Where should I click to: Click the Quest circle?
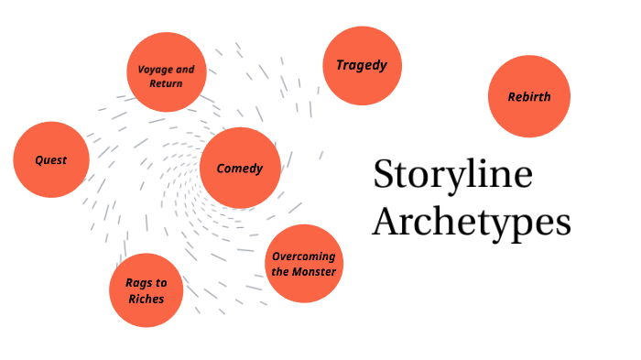coord(52,160)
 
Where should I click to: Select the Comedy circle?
coord(239,168)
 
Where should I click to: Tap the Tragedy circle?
coord(362,65)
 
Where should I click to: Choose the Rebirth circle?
coord(528,97)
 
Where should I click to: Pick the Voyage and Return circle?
coord(166,73)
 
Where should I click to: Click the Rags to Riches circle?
coord(146,289)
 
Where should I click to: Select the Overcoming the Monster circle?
coord(304,264)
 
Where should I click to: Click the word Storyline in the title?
coord(452,175)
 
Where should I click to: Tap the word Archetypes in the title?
coord(472,223)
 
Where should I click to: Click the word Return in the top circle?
coord(166,83)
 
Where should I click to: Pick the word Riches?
coord(146,298)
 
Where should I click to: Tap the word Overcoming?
coord(304,256)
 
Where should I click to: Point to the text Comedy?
coord(239,169)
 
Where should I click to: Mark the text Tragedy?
coord(362,65)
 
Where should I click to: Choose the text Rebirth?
coord(529,96)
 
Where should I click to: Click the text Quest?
coord(51,160)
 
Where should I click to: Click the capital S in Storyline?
coord(385,175)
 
